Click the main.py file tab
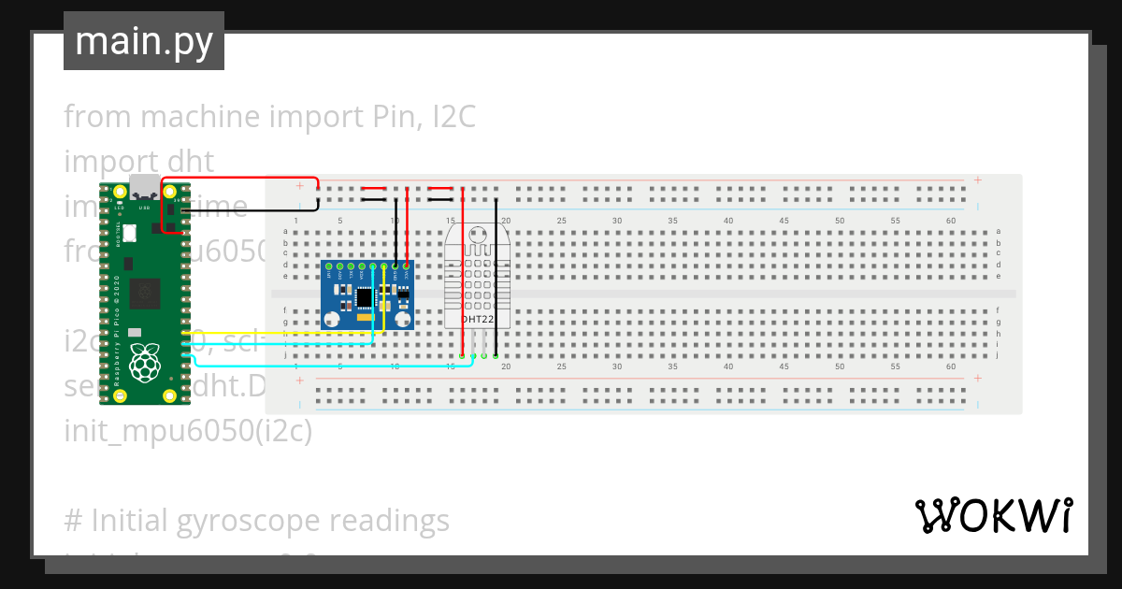tap(143, 42)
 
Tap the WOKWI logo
tap(993, 515)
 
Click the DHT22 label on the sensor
tap(477, 320)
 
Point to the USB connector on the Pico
tap(145, 186)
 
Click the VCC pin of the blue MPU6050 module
tap(407, 267)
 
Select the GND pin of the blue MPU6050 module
tap(396, 267)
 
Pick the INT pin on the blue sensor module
tap(329, 267)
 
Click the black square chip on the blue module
tap(363, 297)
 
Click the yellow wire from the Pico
tap(280, 333)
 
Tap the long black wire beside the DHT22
tap(496, 280)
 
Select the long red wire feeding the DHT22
tap(463, 280)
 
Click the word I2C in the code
tap(453, 117)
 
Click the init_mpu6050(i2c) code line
tap(188, 431)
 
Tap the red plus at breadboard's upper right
tap(977, 180)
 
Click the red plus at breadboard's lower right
tap(977, 379)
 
